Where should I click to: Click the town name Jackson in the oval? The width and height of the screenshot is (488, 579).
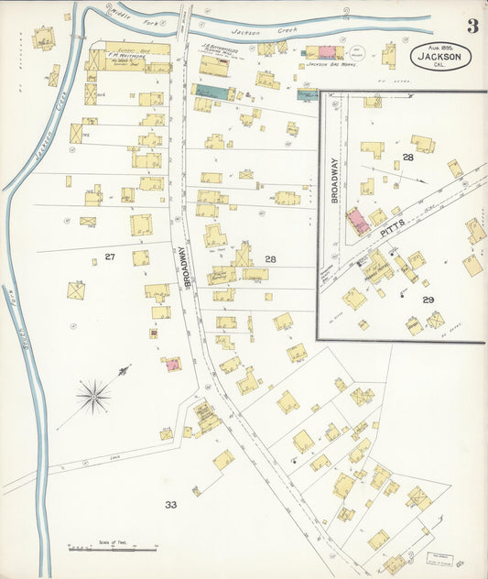tap(441, 57)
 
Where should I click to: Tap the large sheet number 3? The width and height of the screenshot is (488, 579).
tap(471, 26)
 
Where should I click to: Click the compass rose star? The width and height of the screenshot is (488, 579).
tap(93, 396)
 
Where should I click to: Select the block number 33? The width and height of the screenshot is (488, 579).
tap(170, 504)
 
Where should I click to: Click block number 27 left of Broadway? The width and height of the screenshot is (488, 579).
tap(110, 257)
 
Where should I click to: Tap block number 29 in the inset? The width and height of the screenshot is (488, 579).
tap(428, 300)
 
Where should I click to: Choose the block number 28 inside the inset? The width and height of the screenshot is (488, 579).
tap(408, 158)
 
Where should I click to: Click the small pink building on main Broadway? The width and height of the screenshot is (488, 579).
tap(171, 365)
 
